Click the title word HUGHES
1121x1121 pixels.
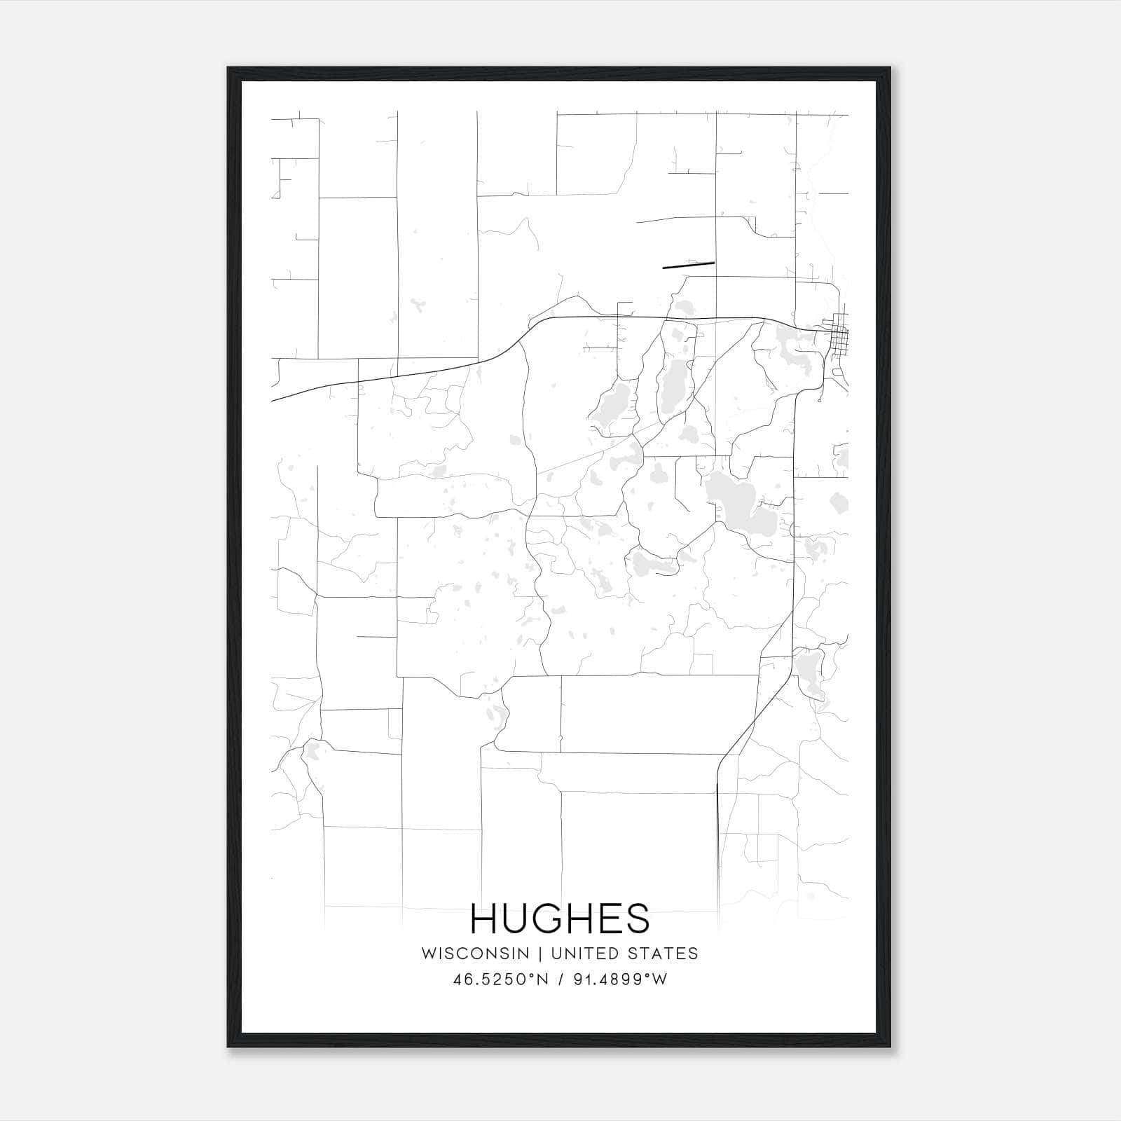click(560, 919)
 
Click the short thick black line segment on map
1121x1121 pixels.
click(688, 265)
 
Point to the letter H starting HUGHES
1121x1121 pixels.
click(485, 919)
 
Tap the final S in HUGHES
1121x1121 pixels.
click(638, 919)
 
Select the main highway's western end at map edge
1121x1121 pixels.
click(273, 400)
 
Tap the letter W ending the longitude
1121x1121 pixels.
click(660, 979)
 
